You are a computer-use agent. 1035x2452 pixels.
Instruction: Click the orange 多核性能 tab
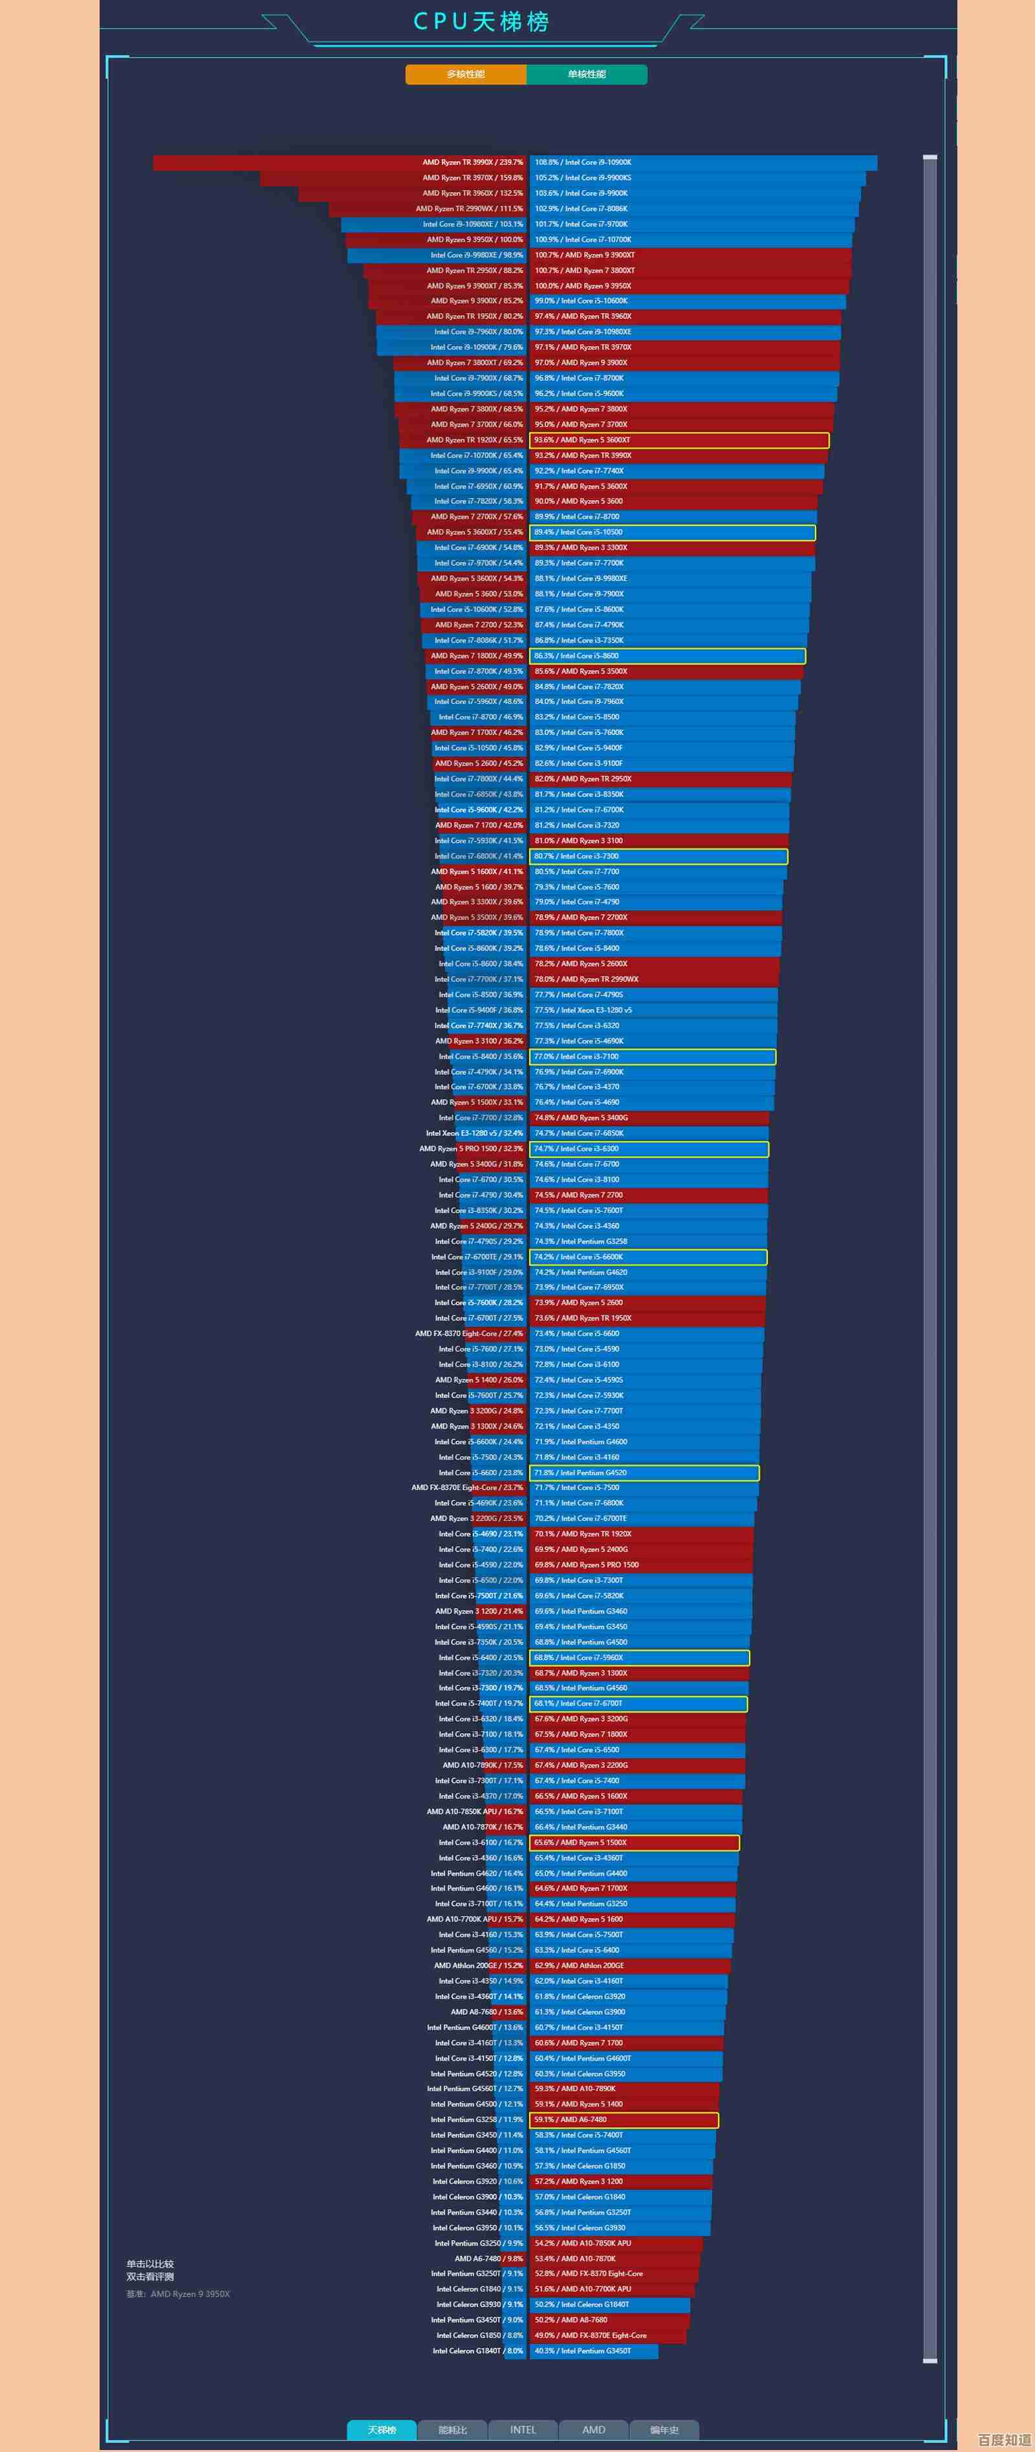(466, 74)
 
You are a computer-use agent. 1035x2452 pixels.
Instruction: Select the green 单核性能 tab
(587, 74)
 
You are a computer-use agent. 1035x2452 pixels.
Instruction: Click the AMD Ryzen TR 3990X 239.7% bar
(339, 163)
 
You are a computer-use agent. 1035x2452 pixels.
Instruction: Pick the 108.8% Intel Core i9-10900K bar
(703, 163)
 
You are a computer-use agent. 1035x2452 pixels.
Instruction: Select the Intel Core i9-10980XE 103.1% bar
(434, 224)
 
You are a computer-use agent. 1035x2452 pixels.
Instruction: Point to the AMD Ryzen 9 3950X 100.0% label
(474, 240)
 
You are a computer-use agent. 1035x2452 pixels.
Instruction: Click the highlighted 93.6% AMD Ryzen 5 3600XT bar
(679, 440)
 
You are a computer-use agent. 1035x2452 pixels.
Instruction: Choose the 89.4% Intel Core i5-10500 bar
(672, 532)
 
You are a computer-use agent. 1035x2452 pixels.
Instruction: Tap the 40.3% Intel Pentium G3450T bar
(593, 2351)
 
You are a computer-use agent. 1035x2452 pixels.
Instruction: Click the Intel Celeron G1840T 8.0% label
(478, 2351)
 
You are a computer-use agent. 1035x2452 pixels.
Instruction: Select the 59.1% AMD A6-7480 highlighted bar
(624, 2120)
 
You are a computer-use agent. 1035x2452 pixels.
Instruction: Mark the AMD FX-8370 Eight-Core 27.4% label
(468, 1333)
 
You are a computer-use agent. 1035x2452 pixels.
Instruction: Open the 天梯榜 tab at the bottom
(381, 2429)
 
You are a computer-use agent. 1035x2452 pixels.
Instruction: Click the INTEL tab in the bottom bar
(523, 2429)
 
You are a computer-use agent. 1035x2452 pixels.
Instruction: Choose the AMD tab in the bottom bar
(593, 2429)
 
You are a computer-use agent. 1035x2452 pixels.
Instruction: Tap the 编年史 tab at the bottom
(664, 2429)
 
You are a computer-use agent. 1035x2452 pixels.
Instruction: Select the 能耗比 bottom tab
(452, 2429)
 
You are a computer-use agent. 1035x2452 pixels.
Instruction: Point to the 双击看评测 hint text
(151, 2276)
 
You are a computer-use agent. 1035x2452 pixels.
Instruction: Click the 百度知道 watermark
(1003, 2440)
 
